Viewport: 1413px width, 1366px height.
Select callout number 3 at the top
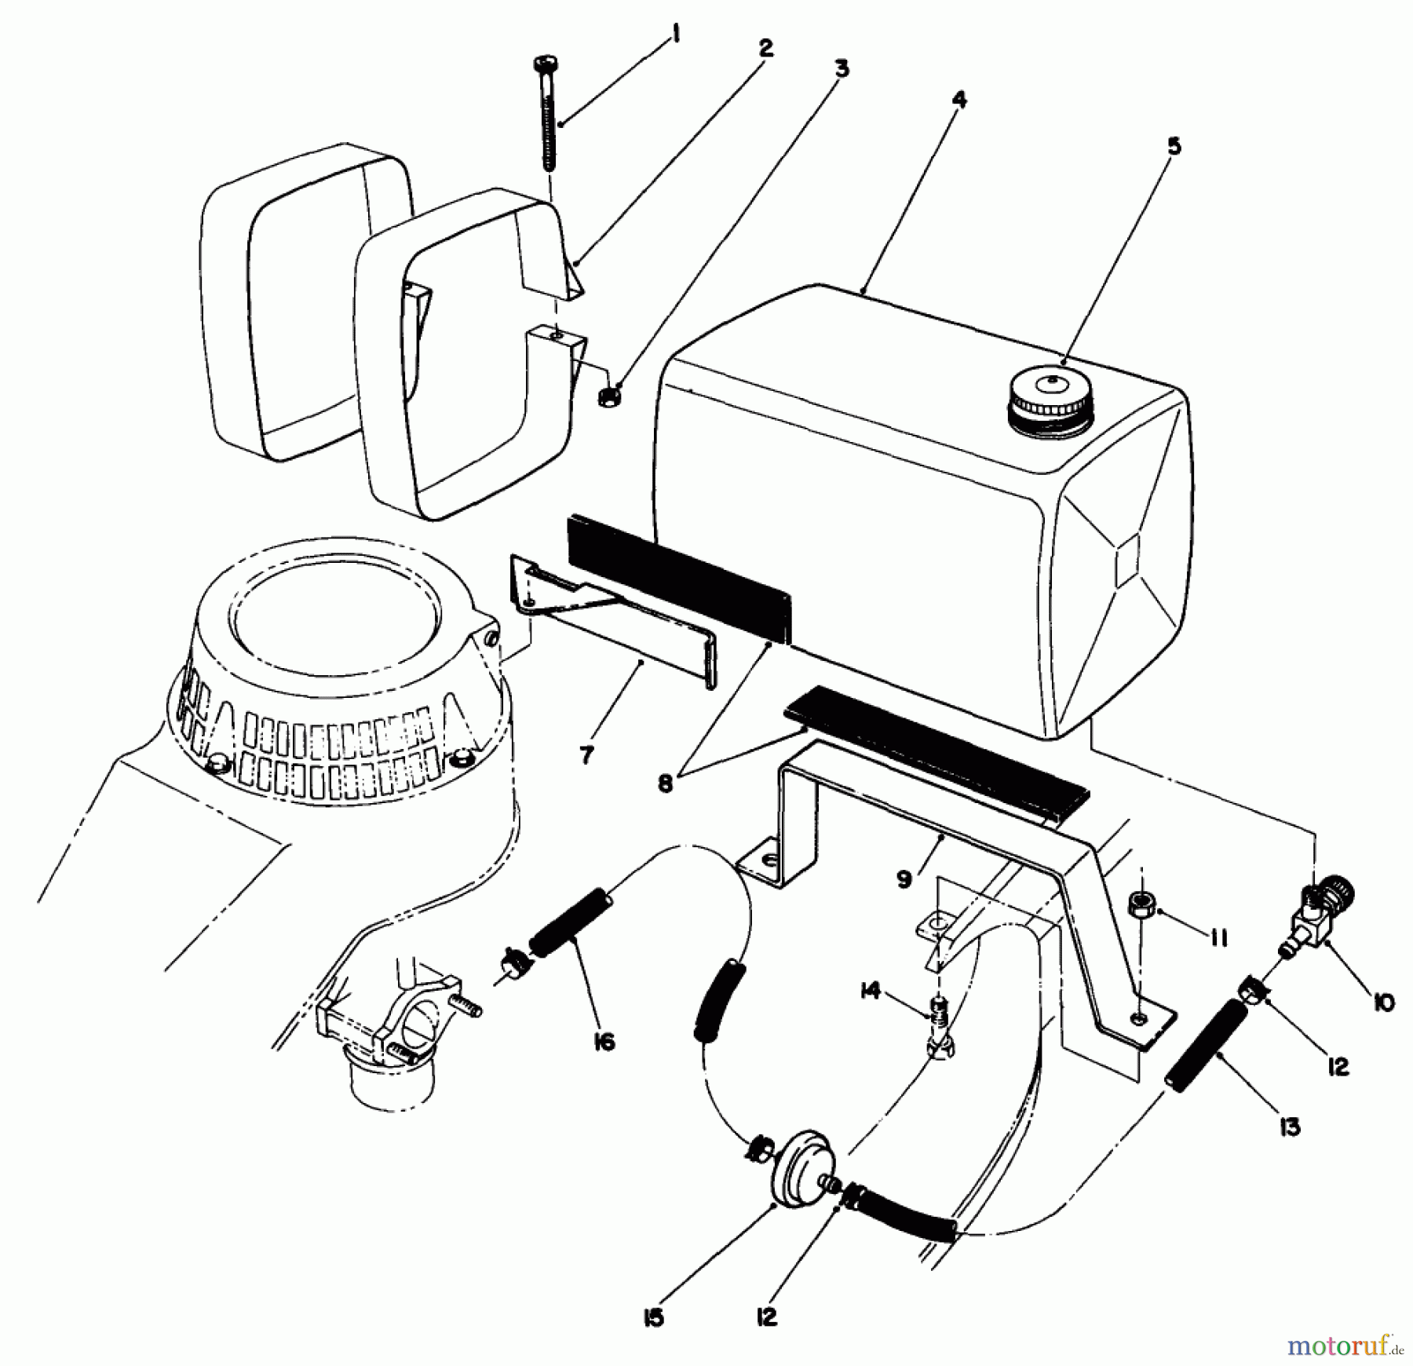point(841,68)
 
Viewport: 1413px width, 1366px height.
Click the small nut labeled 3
point(608,395)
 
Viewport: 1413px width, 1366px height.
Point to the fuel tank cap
point(1050,401)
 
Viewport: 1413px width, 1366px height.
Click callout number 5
point(1174,146)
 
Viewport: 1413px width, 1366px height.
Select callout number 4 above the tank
point(959,100)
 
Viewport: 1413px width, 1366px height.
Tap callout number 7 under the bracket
point(586,754)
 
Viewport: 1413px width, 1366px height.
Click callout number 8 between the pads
point(666,783)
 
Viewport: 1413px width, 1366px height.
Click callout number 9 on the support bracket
point(904,879)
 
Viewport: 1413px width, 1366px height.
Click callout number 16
point(604,1041)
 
